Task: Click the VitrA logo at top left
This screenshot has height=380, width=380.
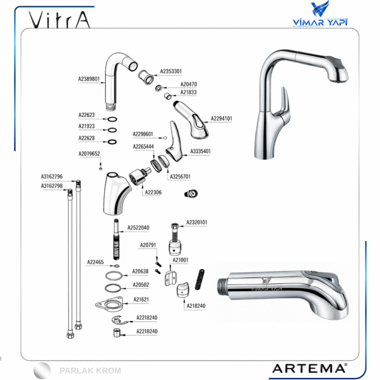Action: (59, 20)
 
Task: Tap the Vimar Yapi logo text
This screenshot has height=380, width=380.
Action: (320, 22)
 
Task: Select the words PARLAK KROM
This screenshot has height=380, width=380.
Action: (90, 371)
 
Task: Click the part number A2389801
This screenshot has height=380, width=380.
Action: (88, 79)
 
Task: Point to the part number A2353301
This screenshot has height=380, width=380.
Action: (171, 71)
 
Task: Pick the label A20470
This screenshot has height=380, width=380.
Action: (188, 84)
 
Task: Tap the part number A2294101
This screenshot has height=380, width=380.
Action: (221, 118)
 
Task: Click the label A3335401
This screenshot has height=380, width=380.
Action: (200, 151)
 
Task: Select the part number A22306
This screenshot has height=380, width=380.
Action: (153, 192)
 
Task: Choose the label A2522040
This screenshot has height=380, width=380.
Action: (138, 227)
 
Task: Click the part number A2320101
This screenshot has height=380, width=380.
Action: (197, 222)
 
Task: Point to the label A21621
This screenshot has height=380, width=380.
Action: (141, 300)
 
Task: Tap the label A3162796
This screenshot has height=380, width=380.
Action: (52, 176)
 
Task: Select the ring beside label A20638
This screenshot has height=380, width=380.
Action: (113, 276)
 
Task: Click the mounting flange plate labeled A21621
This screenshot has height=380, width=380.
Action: (110, 304)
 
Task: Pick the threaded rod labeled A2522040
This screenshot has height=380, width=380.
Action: (117, 239)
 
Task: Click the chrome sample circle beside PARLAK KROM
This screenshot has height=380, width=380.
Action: (42, 371)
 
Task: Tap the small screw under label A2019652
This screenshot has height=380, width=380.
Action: (101, 168)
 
